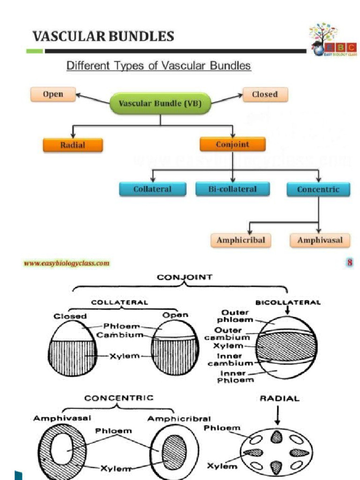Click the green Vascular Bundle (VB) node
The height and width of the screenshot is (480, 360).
click(160, 104)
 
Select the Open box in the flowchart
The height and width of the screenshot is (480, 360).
click(53, 94)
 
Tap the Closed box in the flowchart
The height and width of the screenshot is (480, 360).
click(265, 94)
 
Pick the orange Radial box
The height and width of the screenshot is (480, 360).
click(73, 145)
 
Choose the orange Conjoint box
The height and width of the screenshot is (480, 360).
click(232, 144)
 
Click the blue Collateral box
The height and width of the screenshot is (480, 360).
click(152, 189)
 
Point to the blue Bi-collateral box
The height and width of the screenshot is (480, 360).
click(232, 189)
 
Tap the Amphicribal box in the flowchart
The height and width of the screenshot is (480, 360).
click(241, 240)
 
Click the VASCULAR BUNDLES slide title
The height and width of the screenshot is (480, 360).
click(103, 36)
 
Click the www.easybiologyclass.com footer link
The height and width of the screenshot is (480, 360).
click(67, 263)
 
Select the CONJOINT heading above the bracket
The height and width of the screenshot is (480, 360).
click(185, 277)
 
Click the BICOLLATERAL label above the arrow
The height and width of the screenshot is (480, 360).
click(288, 302)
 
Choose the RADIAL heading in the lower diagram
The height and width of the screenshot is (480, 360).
click(279, 399)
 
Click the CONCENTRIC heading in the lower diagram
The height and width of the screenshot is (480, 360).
click(119, 398)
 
